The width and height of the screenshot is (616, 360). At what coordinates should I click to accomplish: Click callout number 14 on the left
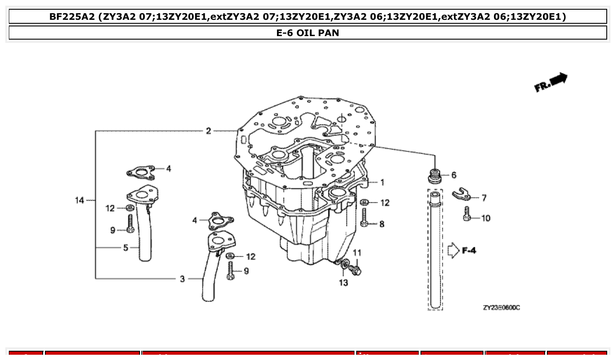pyautogui.click(x=79, y=201)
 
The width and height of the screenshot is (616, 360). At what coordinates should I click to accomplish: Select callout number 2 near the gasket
pyautogui.click(x=209, y=131)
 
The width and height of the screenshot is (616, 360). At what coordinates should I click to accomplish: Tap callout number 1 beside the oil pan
pyautogui.click(x=382, y=182)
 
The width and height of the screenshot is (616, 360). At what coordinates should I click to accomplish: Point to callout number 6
pyautogui.click(x=454, y=175)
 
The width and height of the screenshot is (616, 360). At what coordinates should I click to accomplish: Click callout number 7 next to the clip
pyautogui.click(x=484, y=198)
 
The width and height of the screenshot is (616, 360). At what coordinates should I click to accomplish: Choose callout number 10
pyautogui.click(x=485, y=218)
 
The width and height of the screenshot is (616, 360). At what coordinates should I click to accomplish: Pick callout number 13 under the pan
pyautogui.click(x=343, y=283)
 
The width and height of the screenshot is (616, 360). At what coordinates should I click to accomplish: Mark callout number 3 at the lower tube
pyautogui.click(x=182, y=279)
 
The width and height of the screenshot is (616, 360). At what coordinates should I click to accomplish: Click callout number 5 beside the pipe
pyautogui.click(x=125, y=248)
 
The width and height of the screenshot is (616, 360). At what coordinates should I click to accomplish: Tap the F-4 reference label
pyautogui.click(x=469, y=251)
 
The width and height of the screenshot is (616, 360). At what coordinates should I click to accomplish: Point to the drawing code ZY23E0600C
pyautogui.click(x=501, y=308)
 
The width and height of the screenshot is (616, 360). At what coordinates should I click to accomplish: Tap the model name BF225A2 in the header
pyautogui.click(x=72, y=17)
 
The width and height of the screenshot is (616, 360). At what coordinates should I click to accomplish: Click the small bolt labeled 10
pyautogui.click(x=468, y=215)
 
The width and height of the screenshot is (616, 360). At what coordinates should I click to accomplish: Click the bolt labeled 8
pyautogui.click(x=364, y=217)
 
